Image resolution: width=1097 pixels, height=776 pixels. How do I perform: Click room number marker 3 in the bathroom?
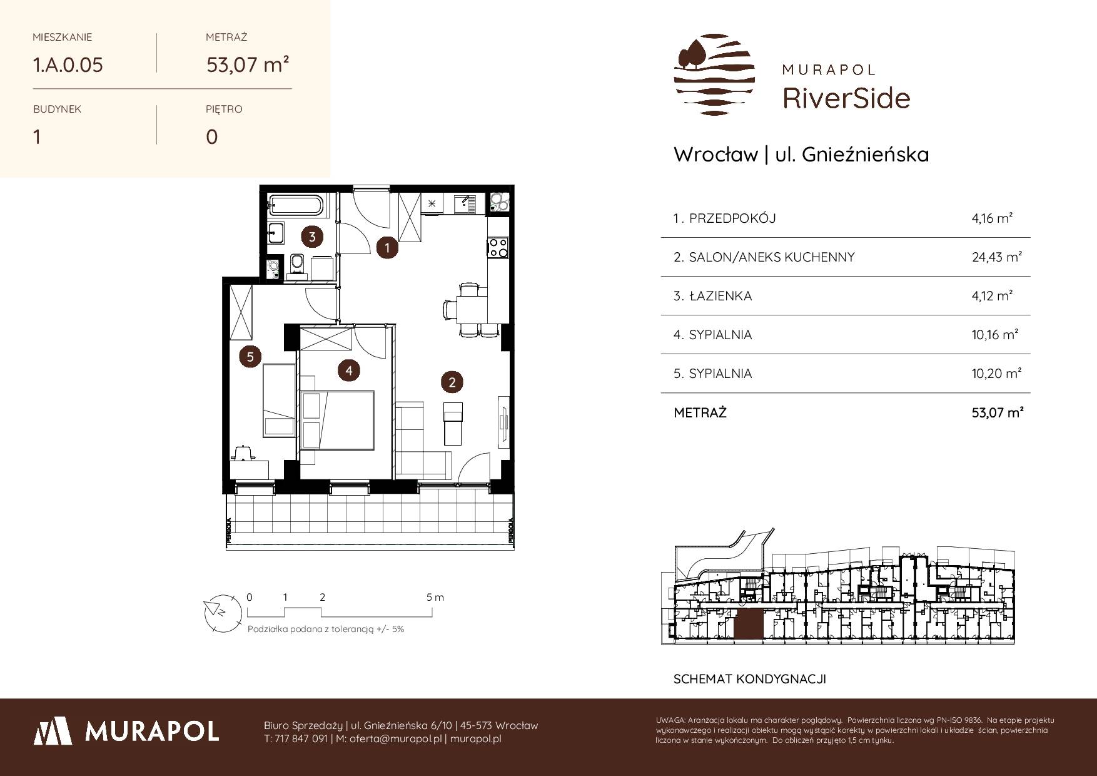pyautogui.click(x=311, y=237)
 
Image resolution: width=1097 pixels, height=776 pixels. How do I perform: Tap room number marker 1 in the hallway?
pyautogui.click(x=387, y=248)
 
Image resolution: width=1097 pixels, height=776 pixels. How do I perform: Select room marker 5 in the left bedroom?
pyautogui.click(x=250, y=357)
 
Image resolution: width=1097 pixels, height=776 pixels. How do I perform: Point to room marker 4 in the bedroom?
pyautogui.click(x=348, y=370)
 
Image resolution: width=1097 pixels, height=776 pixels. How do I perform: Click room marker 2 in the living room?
pyautogui.click(x=452, y=381)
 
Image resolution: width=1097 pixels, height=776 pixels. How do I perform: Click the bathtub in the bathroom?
pyautogui.click(x=296, y=204)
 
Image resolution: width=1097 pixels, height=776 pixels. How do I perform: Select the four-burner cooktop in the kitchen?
pyautogui.click(x=497, y=247)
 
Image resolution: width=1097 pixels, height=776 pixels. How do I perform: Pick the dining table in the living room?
pyautogui.click(x=472, y=309)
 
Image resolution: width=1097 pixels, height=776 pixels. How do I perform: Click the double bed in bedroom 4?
pyautogui.click(x=336, y=420)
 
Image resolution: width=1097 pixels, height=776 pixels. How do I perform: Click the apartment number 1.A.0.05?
pyautogui.click(x=68, y=65)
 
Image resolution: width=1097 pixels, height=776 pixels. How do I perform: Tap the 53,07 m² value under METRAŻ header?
pyautogui.click(x=248, y=64)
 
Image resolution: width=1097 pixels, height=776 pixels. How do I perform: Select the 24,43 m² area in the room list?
pyautogui.click(x=996, y=257)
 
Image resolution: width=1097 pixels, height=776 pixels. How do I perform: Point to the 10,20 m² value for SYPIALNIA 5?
pyautogui.click(x=996, y=374)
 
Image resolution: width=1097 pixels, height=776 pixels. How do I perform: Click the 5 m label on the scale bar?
pyautogui.click(x=435, y=597)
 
